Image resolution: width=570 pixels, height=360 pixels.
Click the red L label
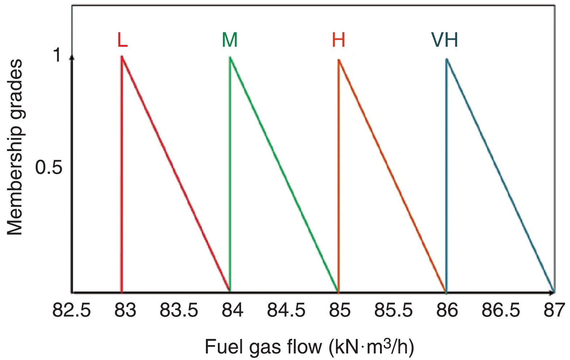[x=122, y=40]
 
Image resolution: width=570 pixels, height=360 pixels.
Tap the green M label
[x=230, y=40]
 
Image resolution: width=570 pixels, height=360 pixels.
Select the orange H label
[x=338, y=40]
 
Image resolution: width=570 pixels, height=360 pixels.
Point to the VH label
[x=444, y=40]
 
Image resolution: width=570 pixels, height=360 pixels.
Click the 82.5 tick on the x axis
[x=72, y=311]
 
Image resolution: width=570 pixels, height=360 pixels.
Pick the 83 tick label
[x=125, y=311]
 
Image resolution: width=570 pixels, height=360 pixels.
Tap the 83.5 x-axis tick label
[x=179, y=311]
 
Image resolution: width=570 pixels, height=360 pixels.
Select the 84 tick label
[x=232, y=311]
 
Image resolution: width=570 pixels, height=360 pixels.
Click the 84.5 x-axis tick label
[x=286, y=311]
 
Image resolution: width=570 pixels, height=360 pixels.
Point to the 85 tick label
[x=340, y=311]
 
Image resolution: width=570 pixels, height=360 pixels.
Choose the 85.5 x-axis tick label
[x=393, y=311]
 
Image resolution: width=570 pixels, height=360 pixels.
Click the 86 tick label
[x=447, y=311]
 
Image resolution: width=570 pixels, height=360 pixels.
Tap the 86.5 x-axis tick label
[x=501, y=311]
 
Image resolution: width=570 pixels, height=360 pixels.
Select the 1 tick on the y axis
[x=57, y=55]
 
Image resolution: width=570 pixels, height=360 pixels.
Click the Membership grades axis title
[x=15, y=148]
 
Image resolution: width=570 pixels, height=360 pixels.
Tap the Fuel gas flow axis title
[x=309, y=347]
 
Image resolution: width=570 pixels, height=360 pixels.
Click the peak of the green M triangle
[x=230, y=58]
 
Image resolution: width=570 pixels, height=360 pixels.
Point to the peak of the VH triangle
[x=447, y=59]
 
